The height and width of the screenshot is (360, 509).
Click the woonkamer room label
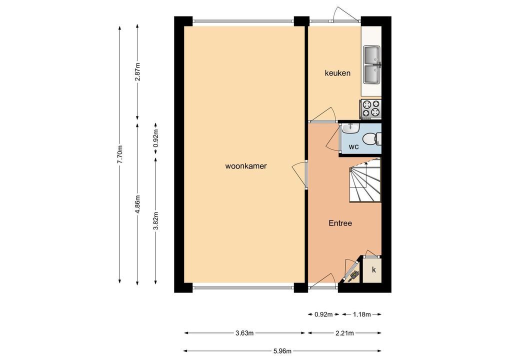click(x=245, y=166)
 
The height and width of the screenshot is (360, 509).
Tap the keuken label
click(x=337, y=73)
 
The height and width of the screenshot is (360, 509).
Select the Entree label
click(x=340, y=223)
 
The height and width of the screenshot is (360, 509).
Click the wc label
click(x=353, y=146)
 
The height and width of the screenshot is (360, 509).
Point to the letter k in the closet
click(x=373, y=269)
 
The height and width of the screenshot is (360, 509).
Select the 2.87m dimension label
click(x=137, y=72)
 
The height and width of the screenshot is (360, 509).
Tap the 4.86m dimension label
click(x=137, y=204)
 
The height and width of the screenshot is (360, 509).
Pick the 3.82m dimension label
click(x=156, y=220)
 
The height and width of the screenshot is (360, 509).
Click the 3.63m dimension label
click(x=244, y=332)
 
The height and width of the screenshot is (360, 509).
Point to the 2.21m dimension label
click(x=344, y=332)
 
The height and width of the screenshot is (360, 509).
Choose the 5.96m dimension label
click(x=282, y=351)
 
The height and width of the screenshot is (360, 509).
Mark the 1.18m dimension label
click(x=361, y=314)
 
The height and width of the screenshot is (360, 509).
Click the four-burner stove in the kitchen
click(x=370, y=108)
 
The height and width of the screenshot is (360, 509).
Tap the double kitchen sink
click(x=372, y=64)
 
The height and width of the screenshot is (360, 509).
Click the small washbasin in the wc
click(x=350, y=127)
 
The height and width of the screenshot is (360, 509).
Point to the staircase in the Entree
click(x=365, y=180)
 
